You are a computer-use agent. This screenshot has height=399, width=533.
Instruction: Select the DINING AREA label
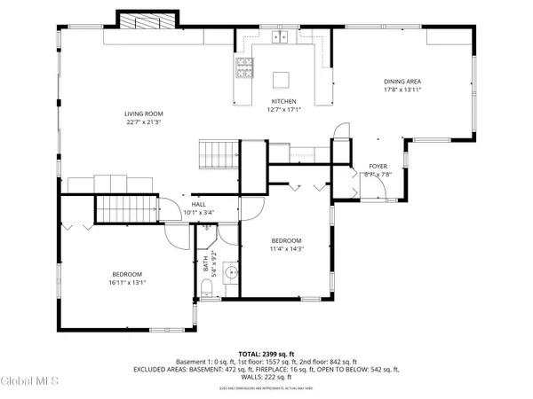402,82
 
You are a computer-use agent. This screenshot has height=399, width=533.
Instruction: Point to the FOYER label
378,167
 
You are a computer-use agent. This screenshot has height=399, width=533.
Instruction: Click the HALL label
199,204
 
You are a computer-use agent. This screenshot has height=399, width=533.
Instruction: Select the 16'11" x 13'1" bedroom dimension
127,283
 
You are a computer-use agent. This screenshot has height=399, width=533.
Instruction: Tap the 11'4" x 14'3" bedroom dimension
286,249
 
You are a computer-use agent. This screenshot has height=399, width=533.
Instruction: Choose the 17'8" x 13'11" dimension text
402,90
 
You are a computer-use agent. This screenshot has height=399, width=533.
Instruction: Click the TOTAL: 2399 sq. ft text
266,353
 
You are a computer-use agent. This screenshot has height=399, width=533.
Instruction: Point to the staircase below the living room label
217,154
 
